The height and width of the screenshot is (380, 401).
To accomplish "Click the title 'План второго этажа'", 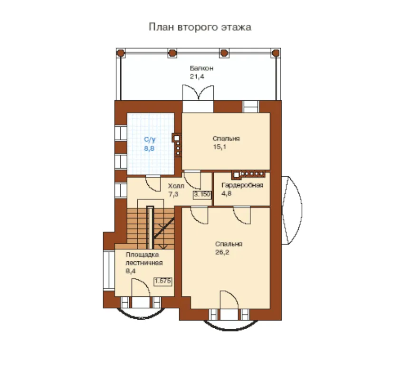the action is click(x=200, y=27).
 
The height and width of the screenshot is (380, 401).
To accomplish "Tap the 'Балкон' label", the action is click(x=201, y=68).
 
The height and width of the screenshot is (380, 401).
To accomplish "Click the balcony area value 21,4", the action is click(x=197, y=76).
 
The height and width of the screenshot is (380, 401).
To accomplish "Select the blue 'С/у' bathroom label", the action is click(x=150, y=140).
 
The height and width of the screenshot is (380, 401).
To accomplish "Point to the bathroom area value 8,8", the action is click(x=149, y=148).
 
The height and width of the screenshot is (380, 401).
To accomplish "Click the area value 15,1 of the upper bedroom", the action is click(x=220, y=147).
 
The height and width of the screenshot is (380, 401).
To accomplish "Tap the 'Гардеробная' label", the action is click(x=242, y=185).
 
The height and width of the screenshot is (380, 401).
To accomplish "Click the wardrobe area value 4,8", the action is click(x=226, y=193).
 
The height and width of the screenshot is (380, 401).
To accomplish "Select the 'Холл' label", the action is click(x=176, y=186).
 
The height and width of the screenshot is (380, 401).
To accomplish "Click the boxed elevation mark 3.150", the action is click(x=202, y=194).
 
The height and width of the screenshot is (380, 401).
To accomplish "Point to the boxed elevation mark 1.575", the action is click(x=162, y=281).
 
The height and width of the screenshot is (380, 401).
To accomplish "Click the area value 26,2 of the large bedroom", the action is click(x=222, y=252).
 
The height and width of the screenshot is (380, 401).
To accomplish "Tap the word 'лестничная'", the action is click(x=144, y=263).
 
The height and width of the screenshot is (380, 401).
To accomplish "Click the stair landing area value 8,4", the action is click(x=131, y=271).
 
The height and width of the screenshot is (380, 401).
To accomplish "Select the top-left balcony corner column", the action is click(x=121, y=53).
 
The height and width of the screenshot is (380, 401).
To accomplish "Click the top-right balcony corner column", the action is click(x=276, y=53).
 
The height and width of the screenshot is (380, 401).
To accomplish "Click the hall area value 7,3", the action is click(x=173, y=194).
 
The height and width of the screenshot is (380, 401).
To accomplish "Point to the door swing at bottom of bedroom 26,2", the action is click(x=229, y=300).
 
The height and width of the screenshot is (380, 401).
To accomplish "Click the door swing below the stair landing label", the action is click(x=141, y=287).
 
